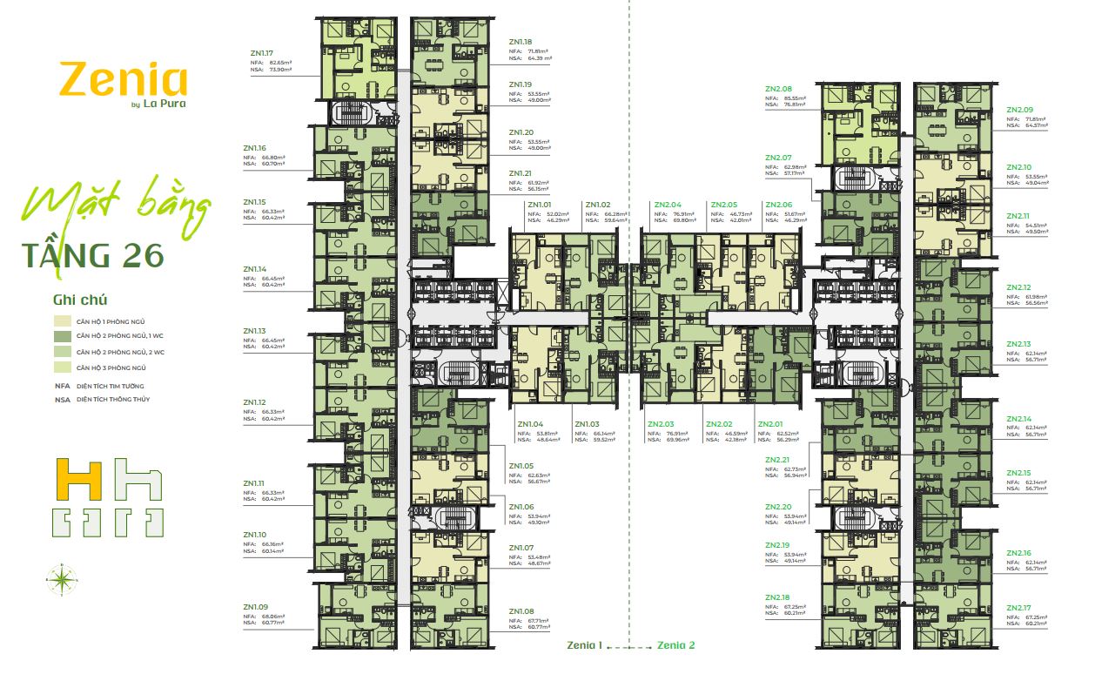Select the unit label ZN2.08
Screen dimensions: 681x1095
coord(778,89)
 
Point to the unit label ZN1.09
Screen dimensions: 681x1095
coord(255,607)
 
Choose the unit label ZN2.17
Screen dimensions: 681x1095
coord(1018,607)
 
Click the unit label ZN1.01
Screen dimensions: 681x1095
coord(540,205)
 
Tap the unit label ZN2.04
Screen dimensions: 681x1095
coord(667,205)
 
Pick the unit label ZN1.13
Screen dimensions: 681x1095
coord(255,331)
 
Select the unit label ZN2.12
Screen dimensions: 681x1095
coord(1018,287)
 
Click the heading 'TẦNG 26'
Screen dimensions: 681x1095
coord(92,255)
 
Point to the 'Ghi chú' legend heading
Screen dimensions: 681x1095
coord(80,300)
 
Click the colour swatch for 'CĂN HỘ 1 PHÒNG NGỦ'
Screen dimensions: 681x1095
coord(62,321)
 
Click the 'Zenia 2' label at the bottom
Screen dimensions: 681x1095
coord(676,645)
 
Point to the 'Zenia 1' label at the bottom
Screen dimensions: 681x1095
coord(584,645)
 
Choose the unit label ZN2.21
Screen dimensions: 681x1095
coord(778,460)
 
